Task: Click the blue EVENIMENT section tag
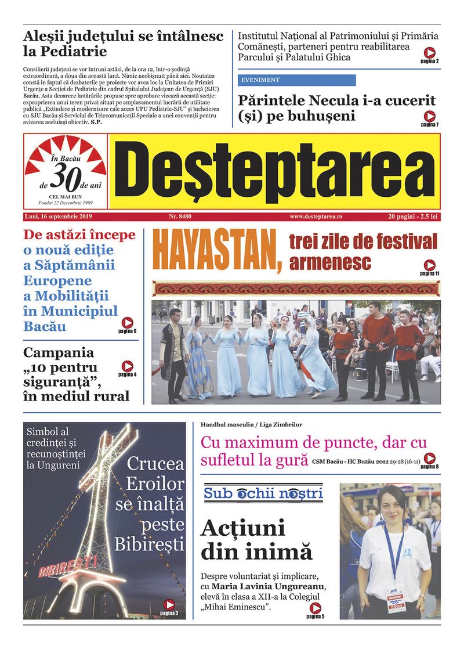296,80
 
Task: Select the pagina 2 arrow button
430,52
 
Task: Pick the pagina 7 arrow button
430,116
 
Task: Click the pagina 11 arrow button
430,265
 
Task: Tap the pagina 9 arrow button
127,323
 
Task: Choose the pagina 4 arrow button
127,366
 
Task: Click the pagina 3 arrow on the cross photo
169,604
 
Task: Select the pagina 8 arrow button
430,458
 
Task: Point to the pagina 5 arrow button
315,608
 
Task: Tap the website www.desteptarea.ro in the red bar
316,217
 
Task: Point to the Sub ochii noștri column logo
263,494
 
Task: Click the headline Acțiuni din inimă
256,539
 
